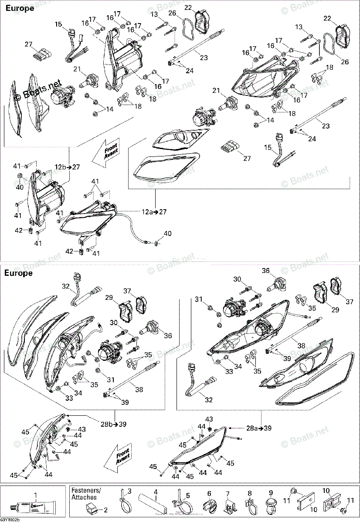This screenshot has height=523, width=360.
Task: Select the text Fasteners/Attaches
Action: (x=86, y=494)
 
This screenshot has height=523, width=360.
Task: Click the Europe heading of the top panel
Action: (x=20, y=8)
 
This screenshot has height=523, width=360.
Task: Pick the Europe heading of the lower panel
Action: (x=18, y=273)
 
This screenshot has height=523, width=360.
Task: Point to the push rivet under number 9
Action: (x=270, y=507)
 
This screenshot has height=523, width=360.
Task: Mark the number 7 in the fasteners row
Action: (x=227, y=494)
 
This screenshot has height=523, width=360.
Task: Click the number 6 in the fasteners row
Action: (x=209, y=494)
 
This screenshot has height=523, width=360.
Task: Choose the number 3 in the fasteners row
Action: (x=129, y=492)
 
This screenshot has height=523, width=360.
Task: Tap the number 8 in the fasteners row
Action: (x=249, y=494)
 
